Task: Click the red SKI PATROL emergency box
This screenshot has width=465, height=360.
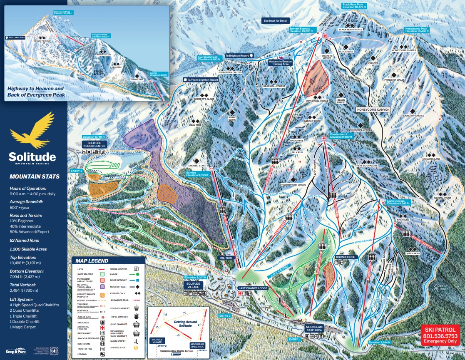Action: pos(440,334)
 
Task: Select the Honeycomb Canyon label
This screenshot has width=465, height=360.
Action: pos(373,109)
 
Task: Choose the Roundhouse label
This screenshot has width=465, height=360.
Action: pos(346,257)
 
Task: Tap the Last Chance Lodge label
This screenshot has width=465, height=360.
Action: pos(253,288)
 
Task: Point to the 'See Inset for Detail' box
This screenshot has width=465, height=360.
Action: pos(275,20)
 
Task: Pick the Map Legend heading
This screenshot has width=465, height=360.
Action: pos(92,261)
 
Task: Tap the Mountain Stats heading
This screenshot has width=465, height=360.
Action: pos(35,176)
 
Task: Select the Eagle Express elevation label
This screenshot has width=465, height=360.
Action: pos(398,203)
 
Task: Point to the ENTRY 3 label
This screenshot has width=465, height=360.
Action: pos(77,171)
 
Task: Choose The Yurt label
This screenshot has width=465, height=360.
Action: pos(226,258)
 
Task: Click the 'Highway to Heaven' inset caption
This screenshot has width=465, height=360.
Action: pos(35,92)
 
